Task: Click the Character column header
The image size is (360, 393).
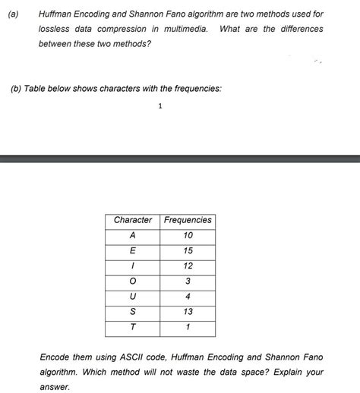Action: coord(133,220)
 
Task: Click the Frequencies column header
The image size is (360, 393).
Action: coord(188,220)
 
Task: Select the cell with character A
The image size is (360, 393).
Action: coord(133,235)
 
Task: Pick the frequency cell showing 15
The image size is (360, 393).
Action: coord(188,250)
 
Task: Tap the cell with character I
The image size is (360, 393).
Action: coord(133,266)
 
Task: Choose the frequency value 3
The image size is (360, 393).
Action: coord(188,281)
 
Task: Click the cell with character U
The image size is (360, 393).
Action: coord(133,296)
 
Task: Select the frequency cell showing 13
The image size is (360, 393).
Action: coord(188,311)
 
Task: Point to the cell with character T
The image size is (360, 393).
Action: coord(133,327)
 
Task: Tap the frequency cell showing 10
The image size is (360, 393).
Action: coord(188,235)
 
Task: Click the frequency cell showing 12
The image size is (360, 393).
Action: coord(188,266)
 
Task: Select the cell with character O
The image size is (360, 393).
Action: coord(133,281)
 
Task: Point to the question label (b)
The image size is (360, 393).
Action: coord(17,89)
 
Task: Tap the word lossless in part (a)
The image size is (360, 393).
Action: coord(54,29)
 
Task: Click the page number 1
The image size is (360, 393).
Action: coord(159,107)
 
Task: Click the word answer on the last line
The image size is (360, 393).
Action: coord(53,386)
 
